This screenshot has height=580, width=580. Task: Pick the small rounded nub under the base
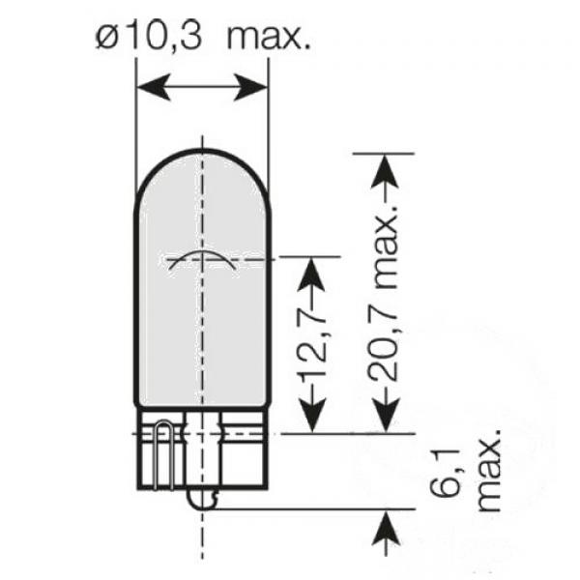201,499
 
